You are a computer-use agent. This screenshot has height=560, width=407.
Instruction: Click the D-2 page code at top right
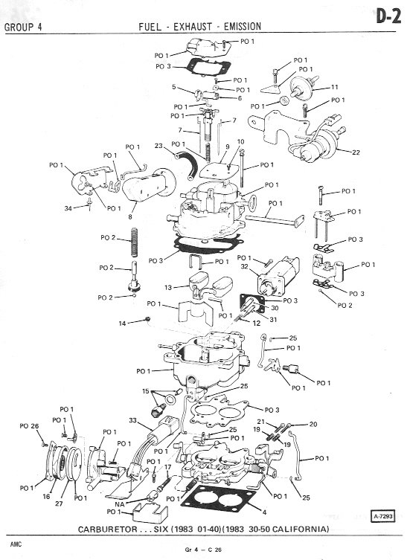tap(388, 16)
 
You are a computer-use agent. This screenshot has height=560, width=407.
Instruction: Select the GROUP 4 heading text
tap(23, 27)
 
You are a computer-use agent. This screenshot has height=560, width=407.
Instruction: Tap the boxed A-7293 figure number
tap(383, 516)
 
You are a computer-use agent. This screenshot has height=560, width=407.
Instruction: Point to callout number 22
tap(356, 152)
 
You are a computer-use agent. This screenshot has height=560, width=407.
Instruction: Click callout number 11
tap(335, 87)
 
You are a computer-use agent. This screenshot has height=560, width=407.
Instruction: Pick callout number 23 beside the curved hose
tap(158, 146)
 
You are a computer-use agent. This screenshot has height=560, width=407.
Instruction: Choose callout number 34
tap(68, 208)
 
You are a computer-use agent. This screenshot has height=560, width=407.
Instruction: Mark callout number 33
tap(133, 420)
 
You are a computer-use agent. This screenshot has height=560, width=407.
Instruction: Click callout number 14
tap(122, 324)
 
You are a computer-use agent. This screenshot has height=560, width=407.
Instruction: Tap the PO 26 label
tap(29, 425)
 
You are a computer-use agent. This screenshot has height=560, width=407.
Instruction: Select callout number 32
tap(244, 266)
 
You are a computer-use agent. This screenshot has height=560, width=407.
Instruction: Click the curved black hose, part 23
tap(188, 164)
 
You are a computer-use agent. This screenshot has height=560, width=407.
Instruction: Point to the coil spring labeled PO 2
tap(135, 242)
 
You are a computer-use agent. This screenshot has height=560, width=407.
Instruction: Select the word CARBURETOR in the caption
tap(108, 530)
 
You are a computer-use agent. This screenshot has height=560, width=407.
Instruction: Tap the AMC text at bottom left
tap(16, 544)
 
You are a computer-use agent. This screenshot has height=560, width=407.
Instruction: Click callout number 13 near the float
tap(168, 287)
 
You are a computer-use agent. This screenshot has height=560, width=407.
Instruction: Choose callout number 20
tap(313, 424)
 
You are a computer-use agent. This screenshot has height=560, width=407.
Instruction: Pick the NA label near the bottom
tap(120, 504)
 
